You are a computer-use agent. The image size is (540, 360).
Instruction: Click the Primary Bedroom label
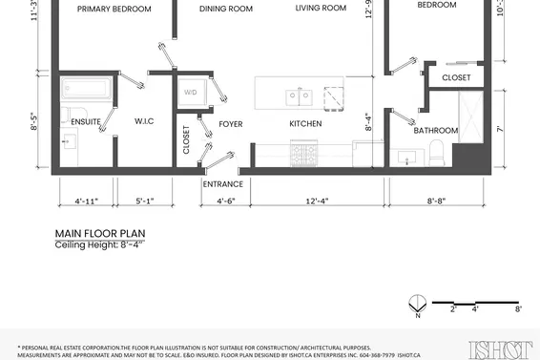click(x=114, y=9)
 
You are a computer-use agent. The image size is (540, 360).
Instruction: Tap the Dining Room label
click(x=226, y=9)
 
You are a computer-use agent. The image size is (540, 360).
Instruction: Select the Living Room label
click(x=320, y=9)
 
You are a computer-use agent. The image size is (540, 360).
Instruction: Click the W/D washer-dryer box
click(x=191, y=92)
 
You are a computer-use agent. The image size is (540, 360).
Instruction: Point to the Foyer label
click(x=231, y=124)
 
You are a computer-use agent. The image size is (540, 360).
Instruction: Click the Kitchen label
click(x=305, y=124)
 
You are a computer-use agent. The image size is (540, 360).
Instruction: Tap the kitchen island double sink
click(x=301, y=95)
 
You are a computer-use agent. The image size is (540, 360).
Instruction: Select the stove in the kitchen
click(x=306, y=154)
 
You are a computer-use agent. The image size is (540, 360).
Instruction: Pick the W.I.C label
click(x=145, y=121)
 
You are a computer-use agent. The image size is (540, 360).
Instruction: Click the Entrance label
click(x=222, y=184)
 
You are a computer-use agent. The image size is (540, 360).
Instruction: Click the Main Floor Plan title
click(x=100, y=232)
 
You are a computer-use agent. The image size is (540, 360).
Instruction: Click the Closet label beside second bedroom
click(x=457, y=77)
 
